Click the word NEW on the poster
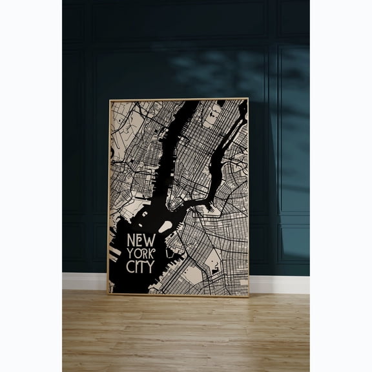(x=141, y=240)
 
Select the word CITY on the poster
(x=140, y=265)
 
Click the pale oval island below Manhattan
(x=166, y=227)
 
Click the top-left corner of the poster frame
(x=109, y=99)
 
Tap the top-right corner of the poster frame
(x=248, y=99)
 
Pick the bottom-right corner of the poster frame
(x=248, y=296)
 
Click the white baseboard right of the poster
(x=278, y=284)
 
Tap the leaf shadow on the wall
(x=213, y=71)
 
